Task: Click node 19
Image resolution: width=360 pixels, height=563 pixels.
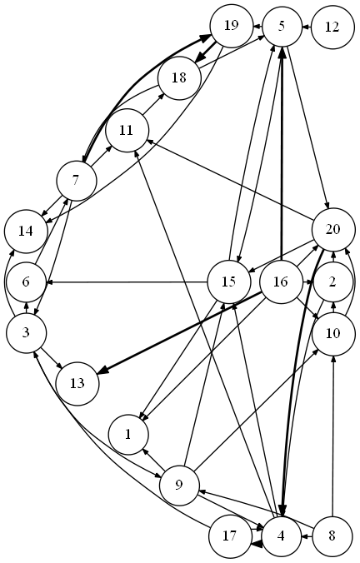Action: pyautogui.click(x=232, y=26)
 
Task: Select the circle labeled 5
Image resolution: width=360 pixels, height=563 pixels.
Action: pyautogui.click(x=282, y=27)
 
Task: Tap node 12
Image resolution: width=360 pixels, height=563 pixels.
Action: pyautogui.click(x=332, y=27)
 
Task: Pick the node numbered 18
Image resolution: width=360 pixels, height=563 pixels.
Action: pyautogui.click(x=179, y=78)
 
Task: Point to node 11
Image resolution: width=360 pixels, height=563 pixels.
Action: pyautogui.click(x=127, y=130)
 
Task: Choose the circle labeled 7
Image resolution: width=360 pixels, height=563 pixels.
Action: pyautogui.click(x=76, y=181)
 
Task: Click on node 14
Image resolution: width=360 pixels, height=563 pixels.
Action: pyautogui.click(x=26, y=232)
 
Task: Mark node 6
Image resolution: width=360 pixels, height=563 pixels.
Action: pyautogui.click(x=26, y=282)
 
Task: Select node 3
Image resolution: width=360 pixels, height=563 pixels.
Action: pyautogui.click(x=26, y=333)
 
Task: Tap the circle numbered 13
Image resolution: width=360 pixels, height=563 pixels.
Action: pyautogui.click(x=77, y=384)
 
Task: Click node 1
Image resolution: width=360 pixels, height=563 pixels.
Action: pyautogui.click(x=128, y=436)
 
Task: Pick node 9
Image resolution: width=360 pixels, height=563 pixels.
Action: pyautogui.click(x=179, y=486)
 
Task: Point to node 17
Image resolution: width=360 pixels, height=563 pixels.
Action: pyautogui.click(x=229, y=536)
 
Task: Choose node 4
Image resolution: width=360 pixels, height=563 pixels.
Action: pyautogui.click(x=282, y=536)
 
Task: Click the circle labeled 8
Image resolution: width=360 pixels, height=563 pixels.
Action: pyautogui.click(x=332, y=536)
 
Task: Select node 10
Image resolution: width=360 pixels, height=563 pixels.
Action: pyautogui.click(x=333, y=334)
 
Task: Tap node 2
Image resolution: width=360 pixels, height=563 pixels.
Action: pyautogui.click(x=332, y=282)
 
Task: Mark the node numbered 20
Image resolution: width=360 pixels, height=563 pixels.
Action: pyautogui.click(x=333, y=229)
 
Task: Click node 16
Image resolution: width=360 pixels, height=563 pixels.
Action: pyautogui.click(x=281, y=282)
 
